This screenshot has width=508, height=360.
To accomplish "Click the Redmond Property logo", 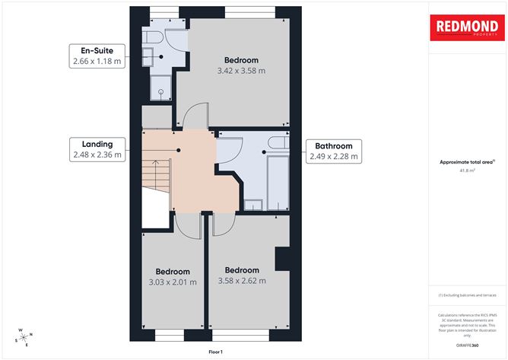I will (x=467, y=27).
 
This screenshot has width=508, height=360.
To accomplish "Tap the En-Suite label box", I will (x=96, y=56).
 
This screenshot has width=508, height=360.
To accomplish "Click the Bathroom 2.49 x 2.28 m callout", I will (x=333, y=151).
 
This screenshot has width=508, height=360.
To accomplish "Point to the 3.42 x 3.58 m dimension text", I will (x=241, y=71).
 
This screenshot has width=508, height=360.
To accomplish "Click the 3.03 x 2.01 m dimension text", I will (x=172, y=282).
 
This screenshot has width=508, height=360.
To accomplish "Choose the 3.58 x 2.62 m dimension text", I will (x=241, y=281).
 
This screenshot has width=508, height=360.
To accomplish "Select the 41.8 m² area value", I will (x=467, y=170).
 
